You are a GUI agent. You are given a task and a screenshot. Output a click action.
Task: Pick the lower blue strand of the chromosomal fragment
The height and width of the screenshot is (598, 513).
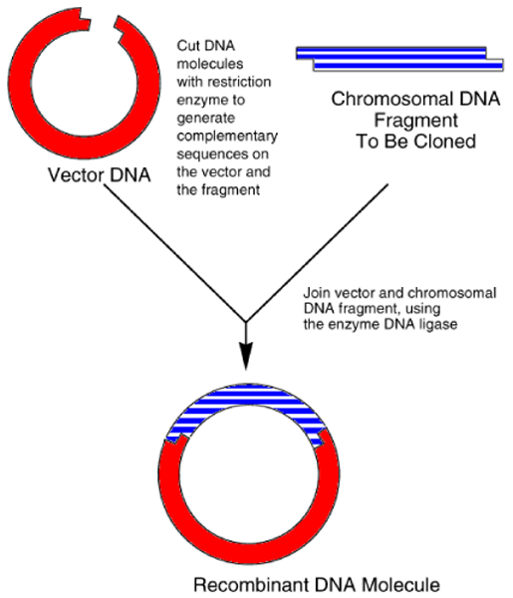[408, 66]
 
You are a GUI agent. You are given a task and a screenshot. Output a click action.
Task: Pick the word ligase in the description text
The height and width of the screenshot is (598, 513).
[412, 326]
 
